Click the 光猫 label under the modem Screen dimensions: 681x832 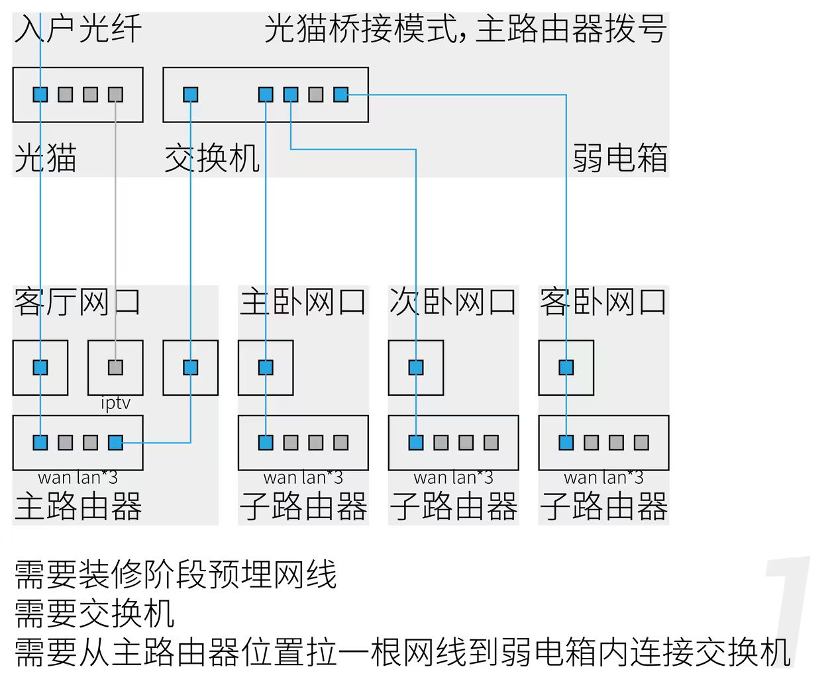tap(45, 159)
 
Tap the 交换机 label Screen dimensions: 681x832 tap(212, 159)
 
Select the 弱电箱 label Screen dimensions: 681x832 tap(619, 159)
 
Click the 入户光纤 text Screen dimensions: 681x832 tap(78, 30)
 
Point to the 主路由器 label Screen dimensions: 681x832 tap(78, 507)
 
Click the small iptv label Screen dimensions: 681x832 tap(115, 403)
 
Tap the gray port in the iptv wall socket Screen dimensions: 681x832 tap(115, 367)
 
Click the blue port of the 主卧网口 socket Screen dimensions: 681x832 tap(266, 367)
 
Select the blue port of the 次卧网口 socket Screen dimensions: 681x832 tap(416, 367)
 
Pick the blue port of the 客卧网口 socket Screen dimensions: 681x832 tap(566, 367)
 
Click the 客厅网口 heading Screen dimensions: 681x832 tap(77, 302)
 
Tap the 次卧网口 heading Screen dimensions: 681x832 tap(453, 302)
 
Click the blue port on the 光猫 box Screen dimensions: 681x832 tap(40, 95)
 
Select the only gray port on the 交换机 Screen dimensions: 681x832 tap(316, 95)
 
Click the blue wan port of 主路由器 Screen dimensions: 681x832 tap(40, 442)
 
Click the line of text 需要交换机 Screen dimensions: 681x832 tap(94, 613)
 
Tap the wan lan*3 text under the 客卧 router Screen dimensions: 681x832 tap(603, 477)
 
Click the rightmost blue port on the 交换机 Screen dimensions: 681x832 tap(341, 95)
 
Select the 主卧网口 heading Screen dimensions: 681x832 tap(303, 302)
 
